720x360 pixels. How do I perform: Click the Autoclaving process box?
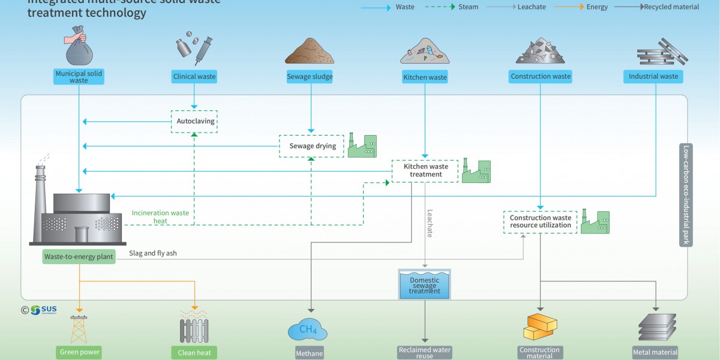tap(194, 121)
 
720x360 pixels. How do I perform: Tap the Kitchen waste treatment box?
tap(425, 170)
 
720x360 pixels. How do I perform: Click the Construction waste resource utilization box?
tap(541, 222)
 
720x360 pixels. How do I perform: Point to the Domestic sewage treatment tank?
tap(424, 284)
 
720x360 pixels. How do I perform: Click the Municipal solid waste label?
tap(79, 77)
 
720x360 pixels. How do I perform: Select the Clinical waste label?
tap(194, 77)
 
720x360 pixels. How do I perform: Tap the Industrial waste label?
tap(653, 77)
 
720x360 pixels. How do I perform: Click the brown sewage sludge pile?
tap(309, 53)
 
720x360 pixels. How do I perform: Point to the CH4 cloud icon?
tap(308, 329)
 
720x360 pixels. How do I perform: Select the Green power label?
tap(79, 352)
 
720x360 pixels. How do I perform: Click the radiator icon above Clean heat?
tap(194, 330)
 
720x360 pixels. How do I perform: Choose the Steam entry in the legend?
tap(457, 7)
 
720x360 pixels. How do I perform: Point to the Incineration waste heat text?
tap(160, 217)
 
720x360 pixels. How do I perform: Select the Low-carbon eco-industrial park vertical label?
tap(686, 195)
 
